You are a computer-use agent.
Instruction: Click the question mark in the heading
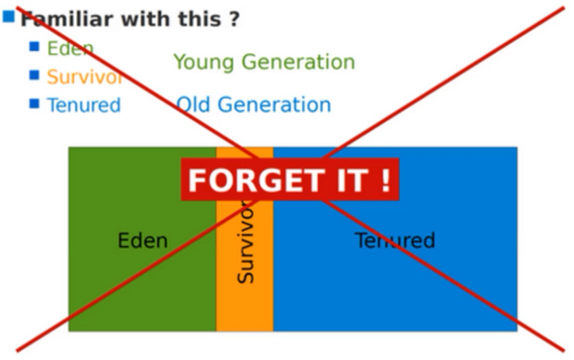pos(235,19)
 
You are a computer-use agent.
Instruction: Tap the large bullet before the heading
pos(9,16)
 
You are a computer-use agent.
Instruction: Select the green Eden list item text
pos(71,48)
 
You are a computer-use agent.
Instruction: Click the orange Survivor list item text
pos(85,77)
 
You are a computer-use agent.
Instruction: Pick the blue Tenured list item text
pos(84,105)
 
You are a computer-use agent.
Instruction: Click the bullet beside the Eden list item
pos(35,47)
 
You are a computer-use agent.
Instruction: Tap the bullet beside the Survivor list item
pos(35,75)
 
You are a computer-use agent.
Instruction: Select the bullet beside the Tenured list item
pos(35,104)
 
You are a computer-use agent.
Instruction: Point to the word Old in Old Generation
pos(193,104)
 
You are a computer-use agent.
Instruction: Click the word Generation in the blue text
pos(275,104)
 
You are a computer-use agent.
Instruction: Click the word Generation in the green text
pos(299,62)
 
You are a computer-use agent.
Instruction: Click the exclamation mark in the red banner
pos(386,180)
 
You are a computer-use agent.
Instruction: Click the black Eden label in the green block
pos(142,241)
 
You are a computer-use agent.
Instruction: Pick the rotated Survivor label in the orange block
pos(245,242)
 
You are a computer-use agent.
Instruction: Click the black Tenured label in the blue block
pos(395,241)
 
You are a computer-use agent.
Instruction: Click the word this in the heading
pos(199,19)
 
